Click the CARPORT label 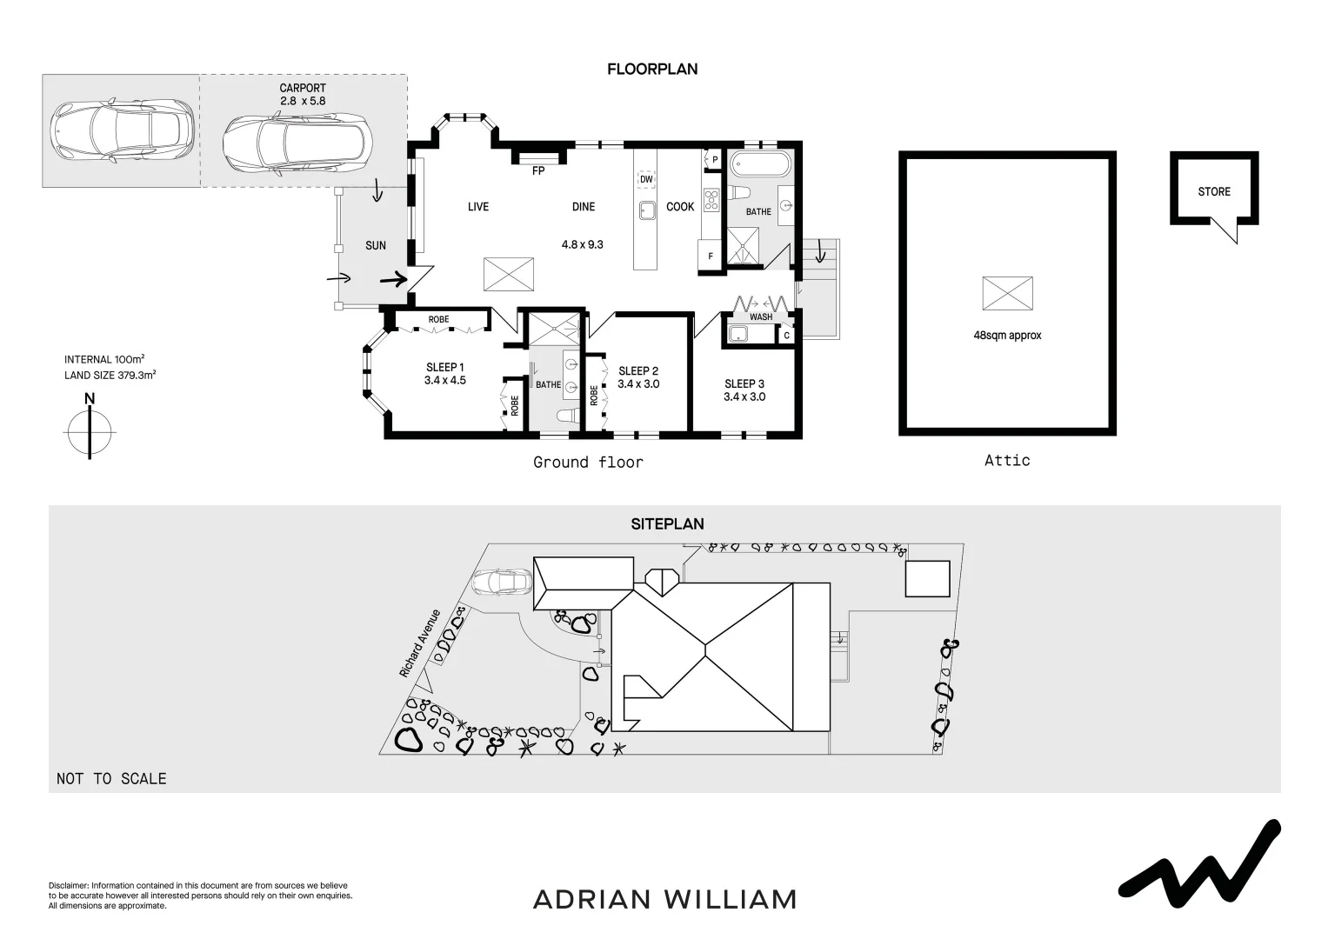pos(303,88)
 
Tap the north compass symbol pos(90,430)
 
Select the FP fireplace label pos(537,171)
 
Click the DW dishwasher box pos(645,180)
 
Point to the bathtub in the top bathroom pos(759,163)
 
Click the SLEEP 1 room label pos(445,367)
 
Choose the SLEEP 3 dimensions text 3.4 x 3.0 pos(744,396)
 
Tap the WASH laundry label pos(761,316)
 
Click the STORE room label pos(1214,191)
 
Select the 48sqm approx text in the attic pos(1007,335)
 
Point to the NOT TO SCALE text pos(111,779)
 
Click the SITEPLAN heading pos(667,524)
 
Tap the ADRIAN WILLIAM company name pos(664,899)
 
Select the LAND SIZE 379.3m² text pos(110,376)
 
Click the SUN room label pos(376,246)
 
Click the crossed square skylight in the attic pos(1007,293)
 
